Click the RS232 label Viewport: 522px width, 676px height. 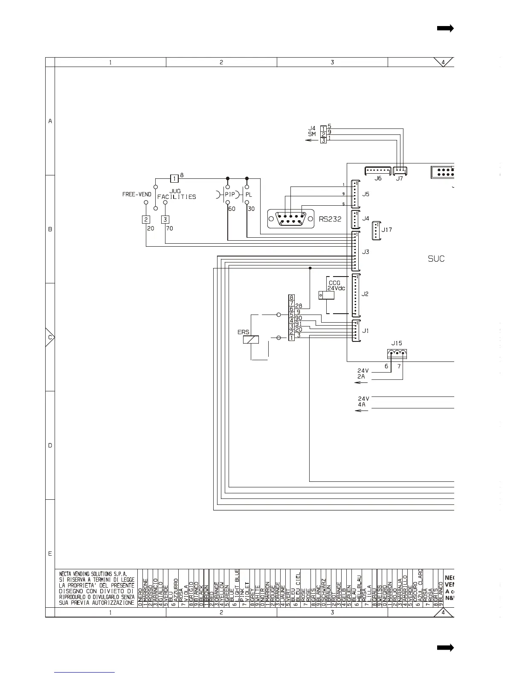(330, 219)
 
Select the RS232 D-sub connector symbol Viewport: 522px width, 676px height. (291, 219)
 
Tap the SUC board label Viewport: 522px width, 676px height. (436, 259)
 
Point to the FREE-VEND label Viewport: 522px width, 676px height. (136, 195)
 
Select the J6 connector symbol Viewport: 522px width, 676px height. (378, 171)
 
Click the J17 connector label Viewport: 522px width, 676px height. (386, 230)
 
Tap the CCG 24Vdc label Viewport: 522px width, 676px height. (336, 286)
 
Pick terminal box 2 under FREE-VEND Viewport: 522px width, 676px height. (146, 219)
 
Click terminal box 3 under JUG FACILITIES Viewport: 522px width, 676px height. (165, 219)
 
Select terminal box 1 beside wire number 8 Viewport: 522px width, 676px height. (174, 178)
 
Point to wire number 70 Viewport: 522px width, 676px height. (169, 228)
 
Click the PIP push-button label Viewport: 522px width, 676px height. (230, 195)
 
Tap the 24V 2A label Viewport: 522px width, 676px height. (363, 374)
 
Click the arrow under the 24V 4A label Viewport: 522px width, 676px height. (362, 411)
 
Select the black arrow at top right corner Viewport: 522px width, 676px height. (445, 29)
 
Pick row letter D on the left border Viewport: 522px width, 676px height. (50, 446)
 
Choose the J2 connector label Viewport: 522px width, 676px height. (365, 294)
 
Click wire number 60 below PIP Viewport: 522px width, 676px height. (232, 209)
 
